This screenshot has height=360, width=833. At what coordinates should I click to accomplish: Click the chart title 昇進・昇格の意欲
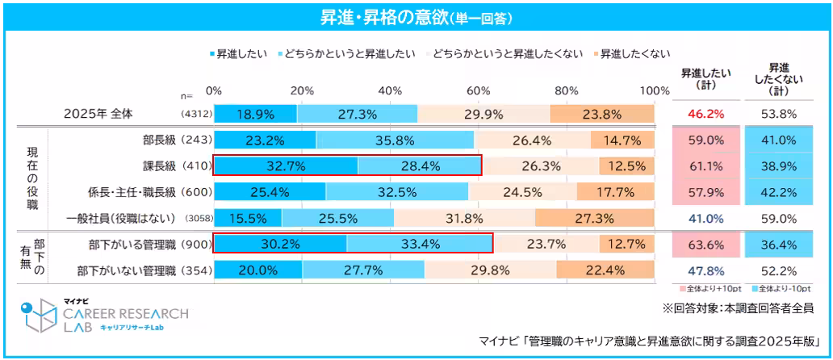tap(416, 15)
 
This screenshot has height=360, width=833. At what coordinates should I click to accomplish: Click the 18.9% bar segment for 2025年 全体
tap(255, 114)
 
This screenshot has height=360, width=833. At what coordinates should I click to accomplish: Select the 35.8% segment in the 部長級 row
tap(395, 140)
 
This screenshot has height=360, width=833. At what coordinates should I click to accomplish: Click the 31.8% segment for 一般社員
tap(464, 218)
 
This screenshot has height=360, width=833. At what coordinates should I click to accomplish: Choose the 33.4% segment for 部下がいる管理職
tap(420, 244)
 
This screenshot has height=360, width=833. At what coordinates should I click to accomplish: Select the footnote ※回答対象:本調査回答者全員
tap(737, 308)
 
